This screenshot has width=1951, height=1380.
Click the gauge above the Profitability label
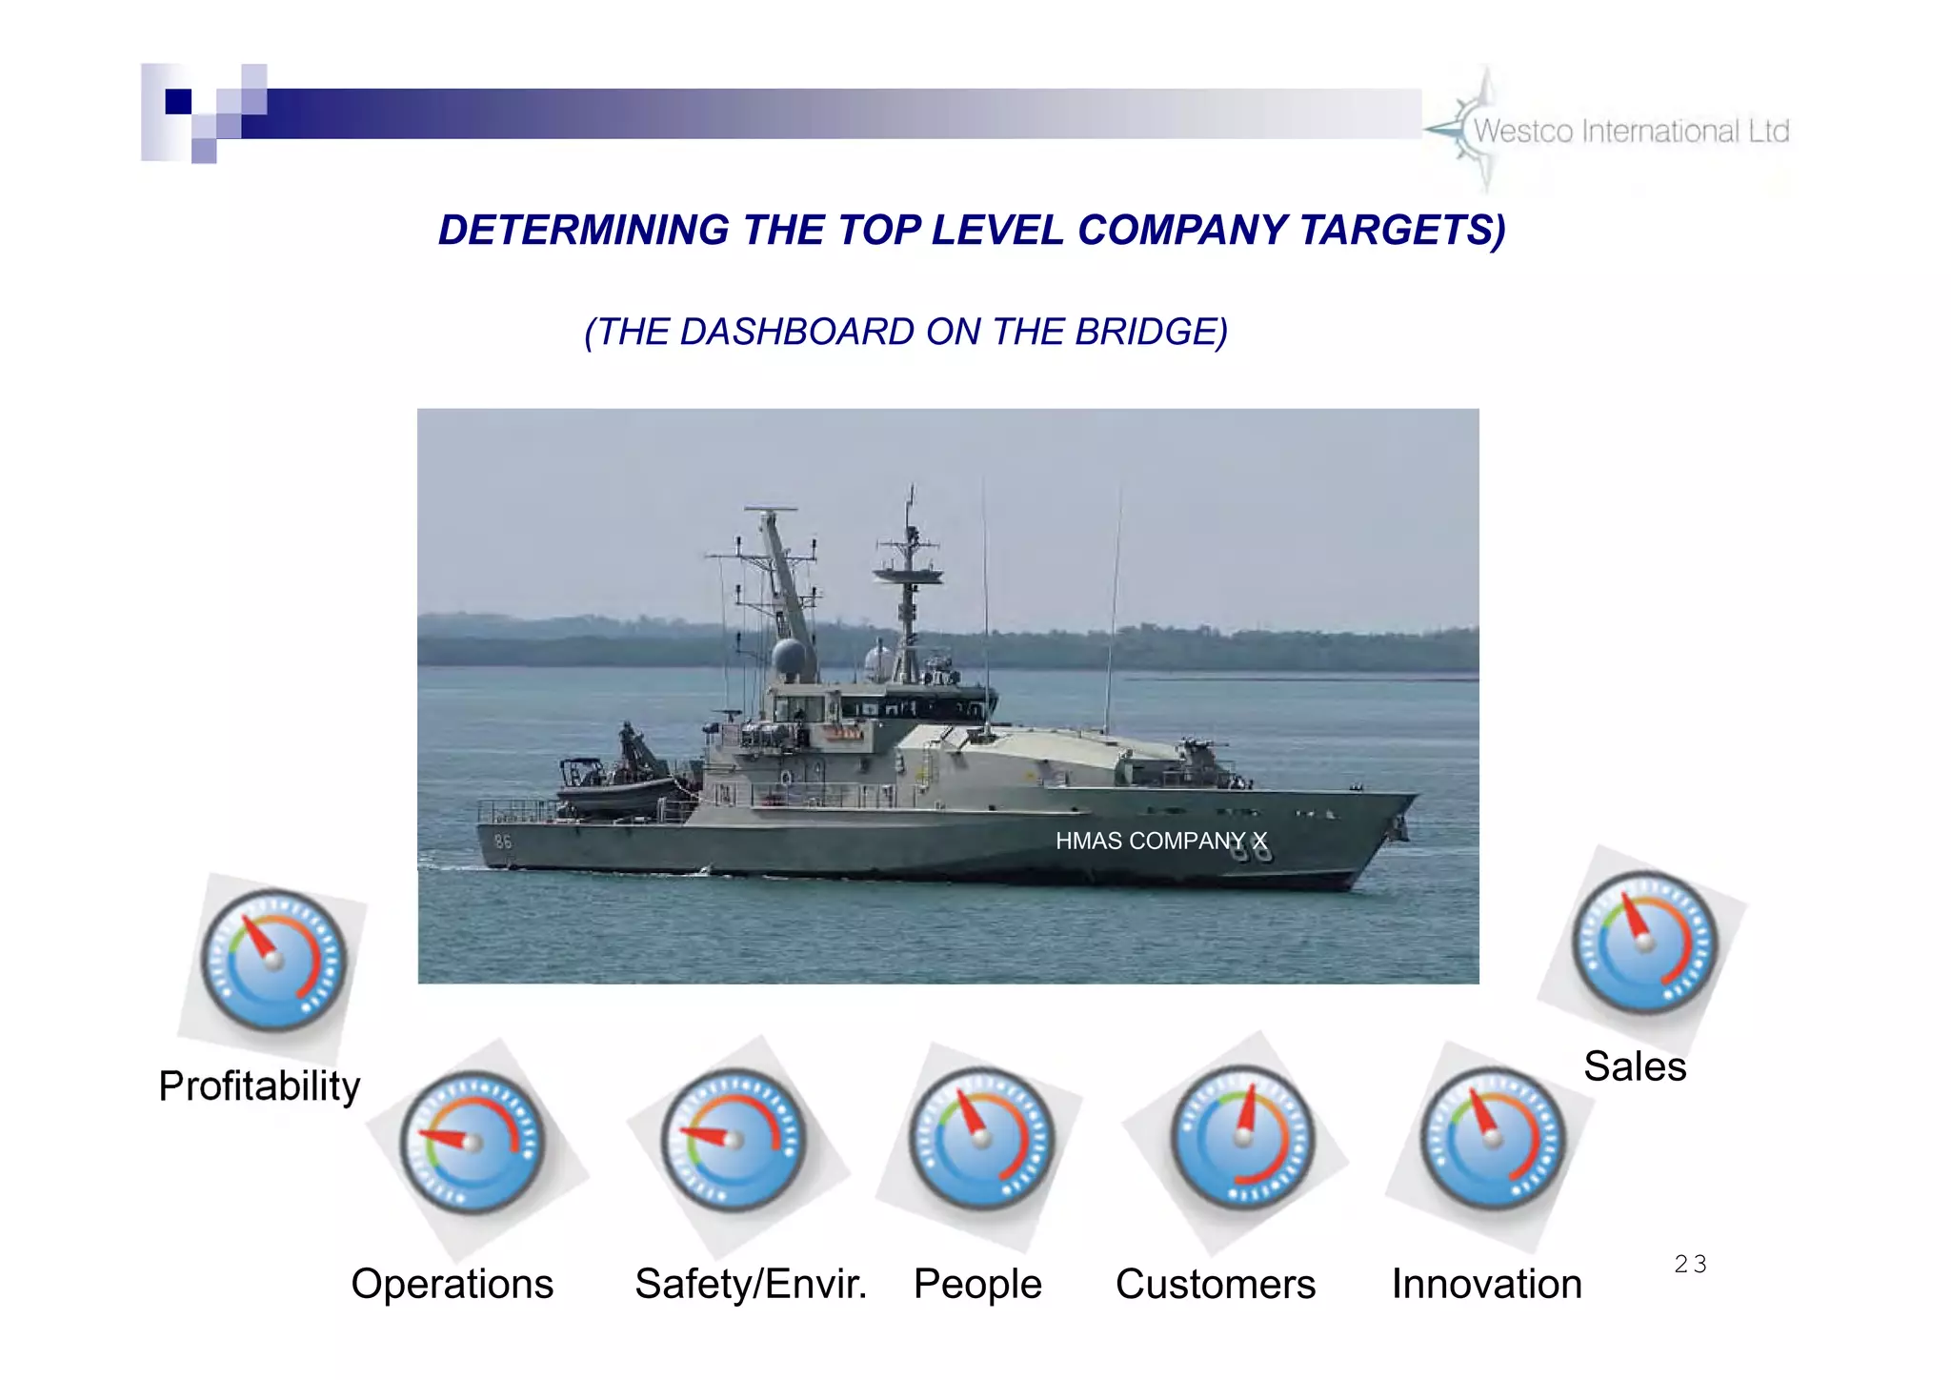point(274,960)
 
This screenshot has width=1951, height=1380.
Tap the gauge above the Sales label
point(1644,942)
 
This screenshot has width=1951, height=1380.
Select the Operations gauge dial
point(473,1142)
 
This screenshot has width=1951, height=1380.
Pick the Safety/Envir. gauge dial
point(734,1140)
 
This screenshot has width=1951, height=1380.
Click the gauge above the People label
point(981,1138)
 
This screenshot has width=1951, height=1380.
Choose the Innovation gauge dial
point(1493,1138)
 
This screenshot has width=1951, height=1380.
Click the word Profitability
point(259,1086)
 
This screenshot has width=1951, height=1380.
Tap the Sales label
point(1635,1066)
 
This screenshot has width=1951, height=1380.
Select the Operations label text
point(452,1285)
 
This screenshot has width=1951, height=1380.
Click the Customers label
point(1216,1285)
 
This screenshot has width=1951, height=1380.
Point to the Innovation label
point(1486,1285)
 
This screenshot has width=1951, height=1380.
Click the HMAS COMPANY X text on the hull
point(1160,841)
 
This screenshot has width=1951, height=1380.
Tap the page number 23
point(1690,1265)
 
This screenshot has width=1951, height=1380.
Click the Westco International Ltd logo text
point(1631,132)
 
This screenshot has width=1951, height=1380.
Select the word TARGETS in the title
point(1401,231)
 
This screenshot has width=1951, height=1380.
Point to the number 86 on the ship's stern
point(502,842)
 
